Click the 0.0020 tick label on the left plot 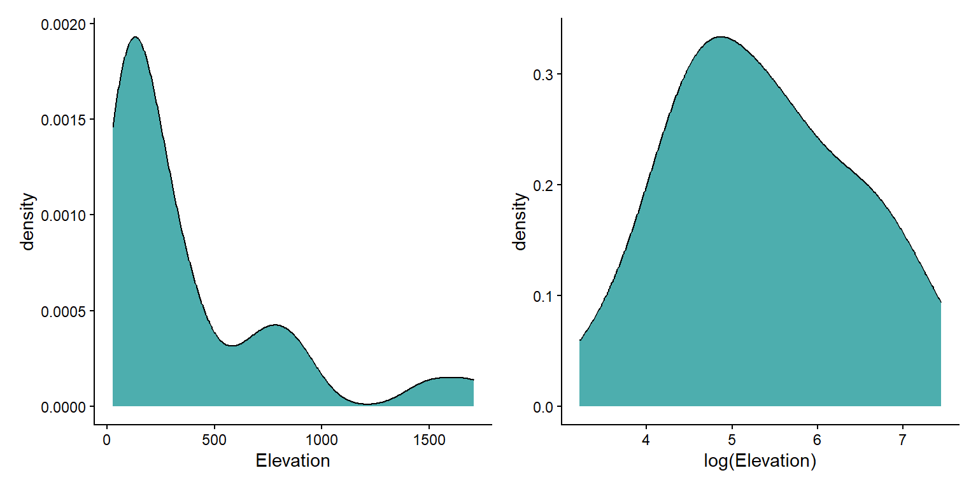(64, 25)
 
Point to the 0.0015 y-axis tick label (64, 120)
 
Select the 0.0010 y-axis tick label (64, 215)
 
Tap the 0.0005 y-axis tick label (64, 311)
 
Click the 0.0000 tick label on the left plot (64, 406)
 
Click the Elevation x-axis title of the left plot (292, 461)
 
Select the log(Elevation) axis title (760, 461)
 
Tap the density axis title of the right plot (520, 222)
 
